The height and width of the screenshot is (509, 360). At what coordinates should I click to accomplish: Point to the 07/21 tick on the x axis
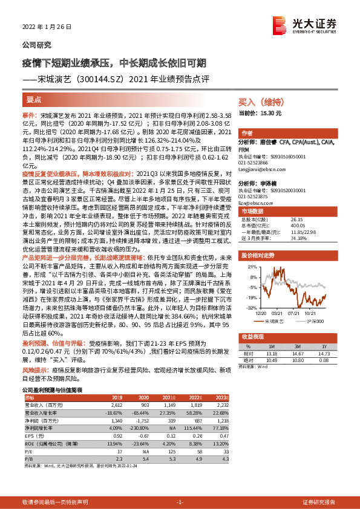click(x=295, y=313)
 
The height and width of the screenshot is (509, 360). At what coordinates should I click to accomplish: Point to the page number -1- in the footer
click(x=180, y=502)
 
